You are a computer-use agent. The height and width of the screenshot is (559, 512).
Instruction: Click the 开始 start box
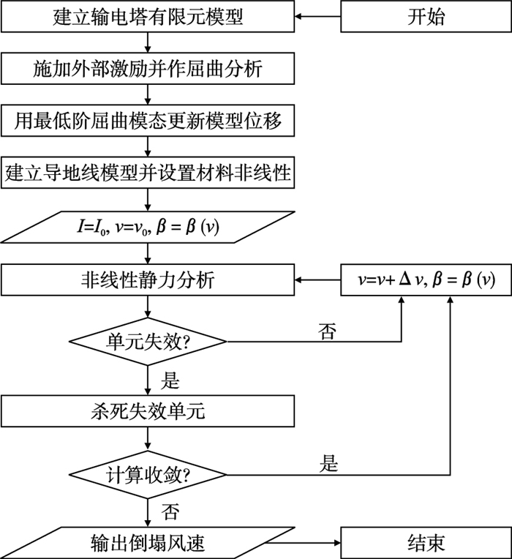[426, 16]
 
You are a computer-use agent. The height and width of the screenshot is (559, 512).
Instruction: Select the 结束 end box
[426, 543]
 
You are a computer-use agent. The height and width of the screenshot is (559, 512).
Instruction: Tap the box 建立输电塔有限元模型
[148, 16]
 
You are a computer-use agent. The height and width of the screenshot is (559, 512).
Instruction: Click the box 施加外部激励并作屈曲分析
[148, 69]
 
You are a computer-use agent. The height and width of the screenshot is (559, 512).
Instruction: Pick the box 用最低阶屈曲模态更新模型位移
[148, 121]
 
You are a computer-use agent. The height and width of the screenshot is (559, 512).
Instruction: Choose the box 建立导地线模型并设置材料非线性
[148, 173]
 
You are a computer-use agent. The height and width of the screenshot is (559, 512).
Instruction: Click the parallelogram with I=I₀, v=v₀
[148, 228]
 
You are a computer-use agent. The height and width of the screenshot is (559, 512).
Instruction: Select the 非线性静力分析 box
[148, 279]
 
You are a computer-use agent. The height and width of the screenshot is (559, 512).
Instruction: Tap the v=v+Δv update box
[426, 279]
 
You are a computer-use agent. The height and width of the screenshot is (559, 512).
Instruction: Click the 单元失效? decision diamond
[148, 342]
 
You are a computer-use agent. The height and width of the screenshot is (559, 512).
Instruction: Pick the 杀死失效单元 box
[148, 411]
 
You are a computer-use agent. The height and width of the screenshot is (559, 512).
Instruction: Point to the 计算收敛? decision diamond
[148, 475]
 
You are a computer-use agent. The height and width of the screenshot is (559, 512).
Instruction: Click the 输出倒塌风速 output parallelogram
[148, 543]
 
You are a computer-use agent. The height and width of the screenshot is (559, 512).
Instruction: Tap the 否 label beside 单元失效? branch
[327, 331]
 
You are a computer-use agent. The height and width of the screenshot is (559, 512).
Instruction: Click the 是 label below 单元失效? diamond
[170, 380]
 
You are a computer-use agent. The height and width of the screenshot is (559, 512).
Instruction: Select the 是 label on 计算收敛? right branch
[328, 463]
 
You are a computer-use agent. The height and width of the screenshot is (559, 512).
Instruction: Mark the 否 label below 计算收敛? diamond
[170, 511]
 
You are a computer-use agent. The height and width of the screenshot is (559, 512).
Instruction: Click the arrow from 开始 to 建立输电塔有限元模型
[318, 16]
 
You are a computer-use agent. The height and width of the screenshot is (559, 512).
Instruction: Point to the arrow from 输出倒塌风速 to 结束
[306, 543]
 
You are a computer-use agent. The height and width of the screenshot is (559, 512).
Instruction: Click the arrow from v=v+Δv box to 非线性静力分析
[318, 279]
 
